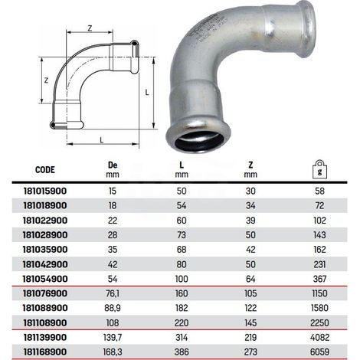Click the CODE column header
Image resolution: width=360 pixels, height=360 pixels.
click(x=45, y=170)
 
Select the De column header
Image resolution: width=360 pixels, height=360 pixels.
click(x=113, y=165)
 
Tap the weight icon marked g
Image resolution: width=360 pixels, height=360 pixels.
click(x=319, y=169)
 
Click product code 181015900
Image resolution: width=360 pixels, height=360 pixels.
click(x=45, y=191)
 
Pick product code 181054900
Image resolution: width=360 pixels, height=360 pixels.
click(x=45, y=279)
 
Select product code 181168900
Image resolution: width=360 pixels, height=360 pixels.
click(x=45, y=352)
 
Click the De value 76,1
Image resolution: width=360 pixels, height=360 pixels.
click(x=113, y=293)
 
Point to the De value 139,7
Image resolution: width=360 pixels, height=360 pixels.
click(x=113, y=338)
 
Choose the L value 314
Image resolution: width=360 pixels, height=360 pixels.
click(x=182, y=337)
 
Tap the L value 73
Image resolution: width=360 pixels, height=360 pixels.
click(x=182, y=235)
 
